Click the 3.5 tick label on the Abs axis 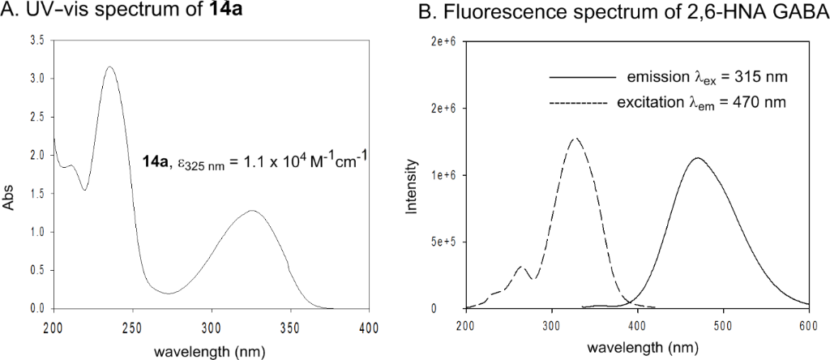[x=38, y=40]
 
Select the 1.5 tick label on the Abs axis [x=38, y=193]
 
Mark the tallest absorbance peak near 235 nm [x=110, y=67]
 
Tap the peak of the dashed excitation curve [x=575, y=139]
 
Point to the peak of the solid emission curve [x=697, y=157]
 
